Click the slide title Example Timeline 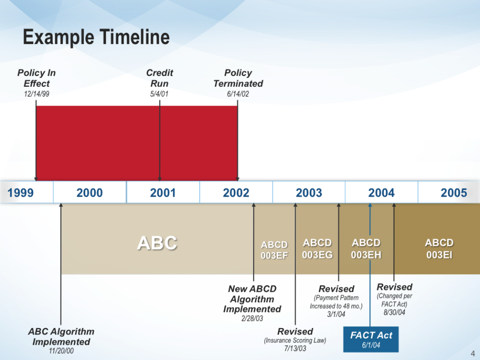pos(96,37)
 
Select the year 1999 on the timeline pos(20,193)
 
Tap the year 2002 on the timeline pos(236,193)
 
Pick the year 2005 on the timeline pos(454,193)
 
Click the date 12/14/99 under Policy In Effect pos(36,94)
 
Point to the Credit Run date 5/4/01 pos(159,94)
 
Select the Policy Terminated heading pos(238,78)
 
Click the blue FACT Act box pos(371,339)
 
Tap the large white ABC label pos(157,243)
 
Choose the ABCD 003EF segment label pos(274,250)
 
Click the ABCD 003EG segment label pos(317,249)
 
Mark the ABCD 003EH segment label pos(366,249)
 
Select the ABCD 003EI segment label pos(439,249)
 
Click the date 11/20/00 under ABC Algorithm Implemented pos(61,351)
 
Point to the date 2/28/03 pos(252,318)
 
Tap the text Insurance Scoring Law pos(295,340)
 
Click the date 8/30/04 pos(394,312)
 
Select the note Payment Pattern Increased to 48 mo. pos(336,302)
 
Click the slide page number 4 pos(473,353)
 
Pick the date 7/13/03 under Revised pos(295,348)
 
